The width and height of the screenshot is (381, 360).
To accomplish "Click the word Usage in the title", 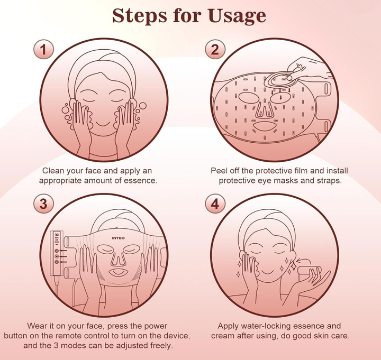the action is point(237,16).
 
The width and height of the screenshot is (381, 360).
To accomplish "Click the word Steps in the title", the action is point(140,16).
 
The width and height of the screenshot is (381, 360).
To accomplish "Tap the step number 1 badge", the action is point(43,49).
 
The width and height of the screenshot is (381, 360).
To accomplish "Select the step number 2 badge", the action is point(215,49).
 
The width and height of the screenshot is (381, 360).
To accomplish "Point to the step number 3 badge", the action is point(43,204).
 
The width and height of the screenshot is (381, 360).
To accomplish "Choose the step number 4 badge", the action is point(215,204).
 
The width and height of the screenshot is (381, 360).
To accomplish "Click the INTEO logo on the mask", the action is point(119,238).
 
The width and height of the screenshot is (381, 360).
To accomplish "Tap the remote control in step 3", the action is point(57,253).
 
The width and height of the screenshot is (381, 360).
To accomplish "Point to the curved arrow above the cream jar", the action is point(303,260).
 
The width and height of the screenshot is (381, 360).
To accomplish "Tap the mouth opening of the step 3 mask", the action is point(118,272).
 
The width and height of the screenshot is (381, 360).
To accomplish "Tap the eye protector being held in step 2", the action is point(279,79).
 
